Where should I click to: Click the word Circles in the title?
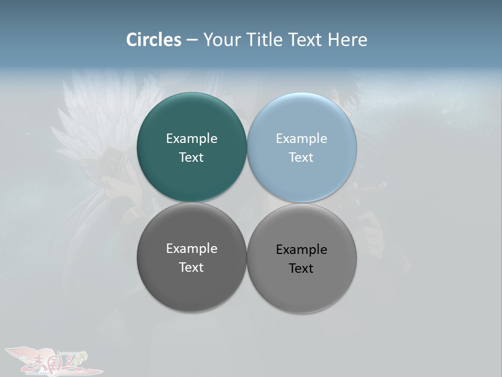[154, 40]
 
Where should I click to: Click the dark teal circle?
[191, 178]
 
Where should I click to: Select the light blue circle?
[302, 178]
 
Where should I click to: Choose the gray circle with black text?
[302, 291]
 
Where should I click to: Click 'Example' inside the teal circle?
[191, 139]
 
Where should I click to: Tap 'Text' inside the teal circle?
[191, 158]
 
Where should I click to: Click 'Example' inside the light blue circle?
[301, 139]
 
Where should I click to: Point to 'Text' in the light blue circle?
[301, 158]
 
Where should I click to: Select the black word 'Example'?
[301, 250]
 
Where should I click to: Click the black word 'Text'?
[301, 269]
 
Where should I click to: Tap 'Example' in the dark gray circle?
[191, 249]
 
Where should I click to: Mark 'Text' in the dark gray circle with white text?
[191, 268]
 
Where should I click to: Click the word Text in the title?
[306, 40]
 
